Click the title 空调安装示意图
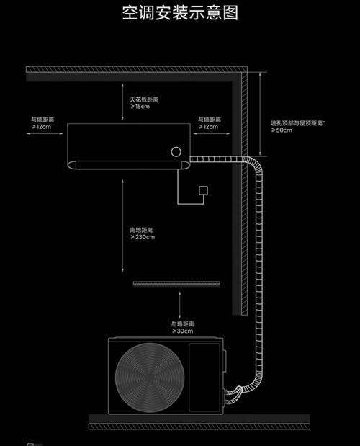[180, 13]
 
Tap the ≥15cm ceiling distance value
[140, 107]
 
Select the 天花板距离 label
[144, 99]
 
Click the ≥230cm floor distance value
[143, 237]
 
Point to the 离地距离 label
[141, 230]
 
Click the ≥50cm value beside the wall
[282, 130]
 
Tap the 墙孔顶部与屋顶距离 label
[297, 123]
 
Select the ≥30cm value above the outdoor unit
[183, 331]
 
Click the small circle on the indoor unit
[176, 151]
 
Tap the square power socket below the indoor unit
[203, 190]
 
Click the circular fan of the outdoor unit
[150, 377]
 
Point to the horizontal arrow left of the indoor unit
[45, 133]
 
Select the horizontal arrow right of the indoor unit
[212, 133]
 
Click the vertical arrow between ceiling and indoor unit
[122, 102]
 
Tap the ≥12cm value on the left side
[42, 127]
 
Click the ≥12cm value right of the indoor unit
[208, 127]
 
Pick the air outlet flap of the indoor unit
[128, 165]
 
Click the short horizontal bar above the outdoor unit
[176, 283]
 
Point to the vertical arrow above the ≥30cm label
[179, 305]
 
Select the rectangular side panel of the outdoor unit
[204, 377]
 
